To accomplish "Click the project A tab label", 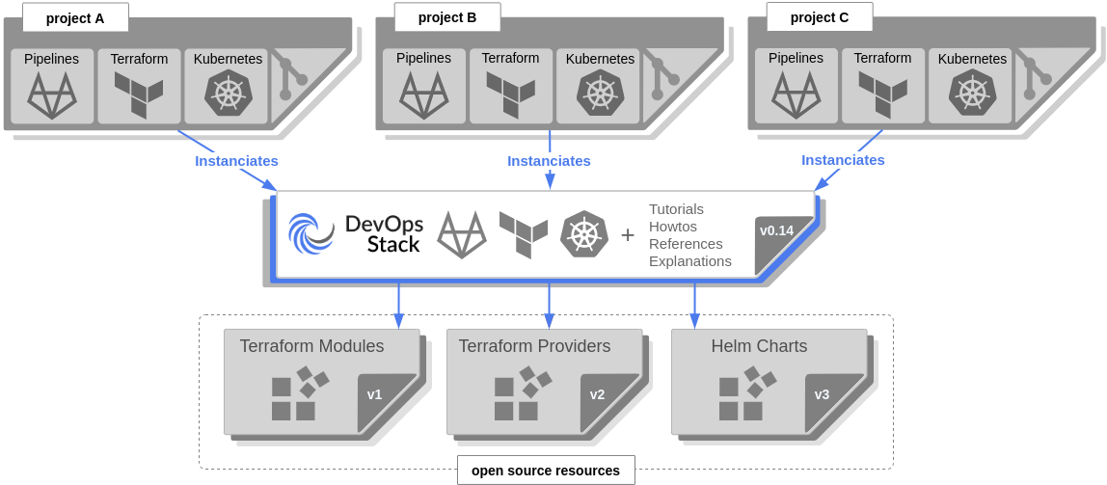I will coord(75,17).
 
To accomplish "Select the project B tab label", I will coord(447,17).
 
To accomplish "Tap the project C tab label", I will coord(820,17).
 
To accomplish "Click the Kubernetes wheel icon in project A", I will coord(229,94).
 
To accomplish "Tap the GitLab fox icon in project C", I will coord(796,94).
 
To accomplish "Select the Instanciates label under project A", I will coord(236,160).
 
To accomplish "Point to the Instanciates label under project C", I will coord(843,160).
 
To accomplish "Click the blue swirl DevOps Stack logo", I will coord(310,233).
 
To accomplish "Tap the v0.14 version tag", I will coord(777,231).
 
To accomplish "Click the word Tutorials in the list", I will coord(676,209).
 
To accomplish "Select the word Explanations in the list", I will coord(690,261).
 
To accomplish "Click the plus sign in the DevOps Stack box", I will coord(628,234).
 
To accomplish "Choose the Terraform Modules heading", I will coord(311,346).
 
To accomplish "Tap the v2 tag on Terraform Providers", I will coord(598,394).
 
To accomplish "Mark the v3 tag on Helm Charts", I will coord(822,394).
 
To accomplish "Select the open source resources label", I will coord(546,471).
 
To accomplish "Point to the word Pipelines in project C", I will coord(796,58).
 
